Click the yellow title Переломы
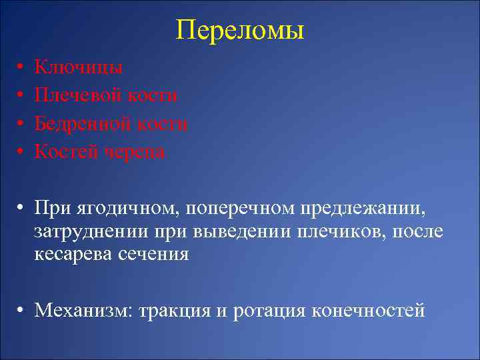pos(240,30)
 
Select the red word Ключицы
pos(78,67)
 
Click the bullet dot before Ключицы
pos(22,68)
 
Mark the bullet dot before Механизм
pos(22,311)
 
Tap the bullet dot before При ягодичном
pos(22,210)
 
